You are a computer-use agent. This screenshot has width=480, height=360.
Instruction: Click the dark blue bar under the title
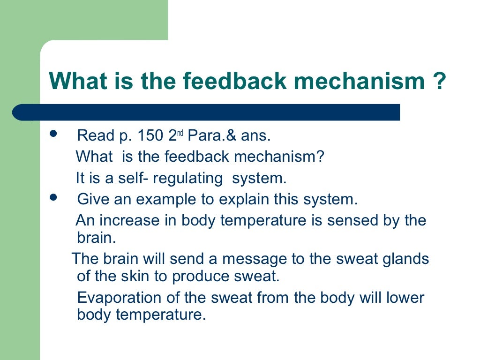(206, 112)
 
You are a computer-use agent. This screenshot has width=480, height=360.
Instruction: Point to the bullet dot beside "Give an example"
(52, 197)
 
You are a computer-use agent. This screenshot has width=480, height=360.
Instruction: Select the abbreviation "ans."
(256, 136)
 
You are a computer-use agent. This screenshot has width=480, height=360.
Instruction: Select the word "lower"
(403, 298)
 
